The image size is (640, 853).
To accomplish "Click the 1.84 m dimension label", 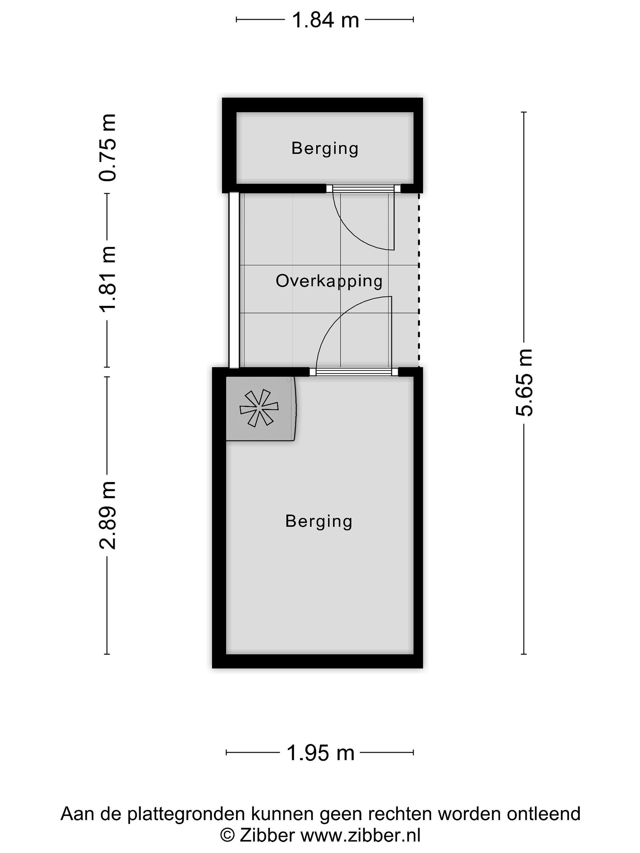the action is click(325, 20).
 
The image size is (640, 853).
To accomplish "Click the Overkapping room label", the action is click(329, 281).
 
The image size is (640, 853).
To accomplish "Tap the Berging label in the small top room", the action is click(325, 148).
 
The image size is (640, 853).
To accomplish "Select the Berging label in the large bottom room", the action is click(319, 521).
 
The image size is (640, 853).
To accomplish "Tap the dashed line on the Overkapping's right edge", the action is click(419, 280).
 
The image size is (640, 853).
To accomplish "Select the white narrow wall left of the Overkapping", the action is click(234, 280).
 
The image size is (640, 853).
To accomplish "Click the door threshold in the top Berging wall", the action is click(363, 189).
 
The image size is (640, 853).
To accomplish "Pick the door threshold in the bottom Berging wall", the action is click(354, 372).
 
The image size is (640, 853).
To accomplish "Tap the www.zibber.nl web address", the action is click(360, 835).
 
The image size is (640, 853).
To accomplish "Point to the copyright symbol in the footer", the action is click(227, 836).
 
